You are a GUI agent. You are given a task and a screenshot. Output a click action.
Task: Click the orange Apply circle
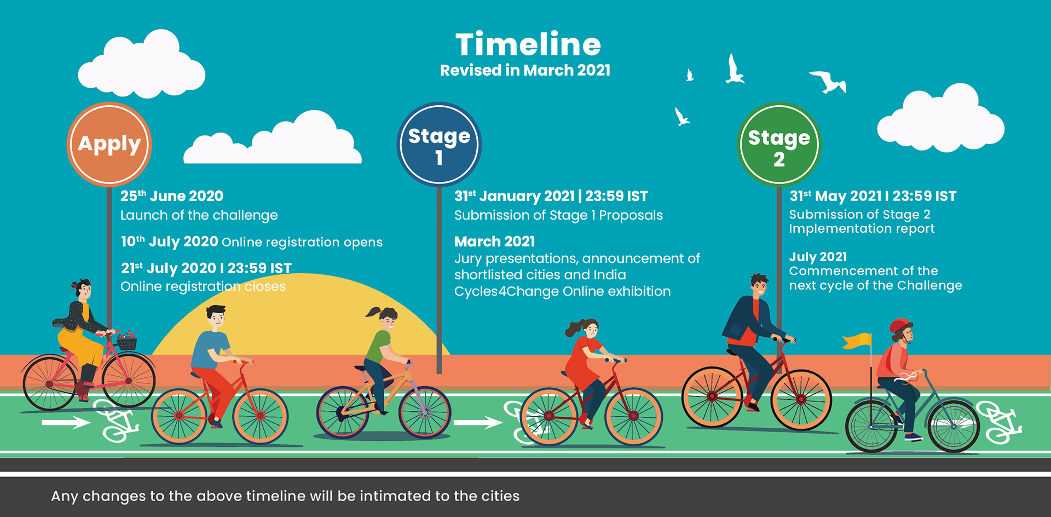click(109, 144)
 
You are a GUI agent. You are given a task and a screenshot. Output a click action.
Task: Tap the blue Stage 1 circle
click(439, 144)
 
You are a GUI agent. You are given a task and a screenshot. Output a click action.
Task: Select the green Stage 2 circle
click(779, 144)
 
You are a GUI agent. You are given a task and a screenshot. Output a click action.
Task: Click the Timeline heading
click(528, 44)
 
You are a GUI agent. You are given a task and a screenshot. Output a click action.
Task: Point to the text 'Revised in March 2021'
click(525, 71)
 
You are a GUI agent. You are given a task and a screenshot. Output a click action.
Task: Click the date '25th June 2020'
click(172, 196)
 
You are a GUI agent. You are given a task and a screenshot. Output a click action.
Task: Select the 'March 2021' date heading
click(495, 241)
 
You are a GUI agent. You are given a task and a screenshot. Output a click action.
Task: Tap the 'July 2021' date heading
click(818, 257)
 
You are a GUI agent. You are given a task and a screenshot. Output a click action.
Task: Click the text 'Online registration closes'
click(203, 286)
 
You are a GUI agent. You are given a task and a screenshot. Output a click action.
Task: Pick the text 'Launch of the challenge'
click(199, 215)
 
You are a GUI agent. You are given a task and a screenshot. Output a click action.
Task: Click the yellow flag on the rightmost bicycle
click(857, 341)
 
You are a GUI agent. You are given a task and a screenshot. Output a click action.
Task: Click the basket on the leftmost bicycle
click(126, 343)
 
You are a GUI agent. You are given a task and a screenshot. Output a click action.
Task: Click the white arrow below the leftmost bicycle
click(66, 422)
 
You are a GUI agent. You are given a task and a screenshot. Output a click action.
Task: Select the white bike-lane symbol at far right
click(1000, 422)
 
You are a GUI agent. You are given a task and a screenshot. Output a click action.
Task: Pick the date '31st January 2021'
click(515, 196)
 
